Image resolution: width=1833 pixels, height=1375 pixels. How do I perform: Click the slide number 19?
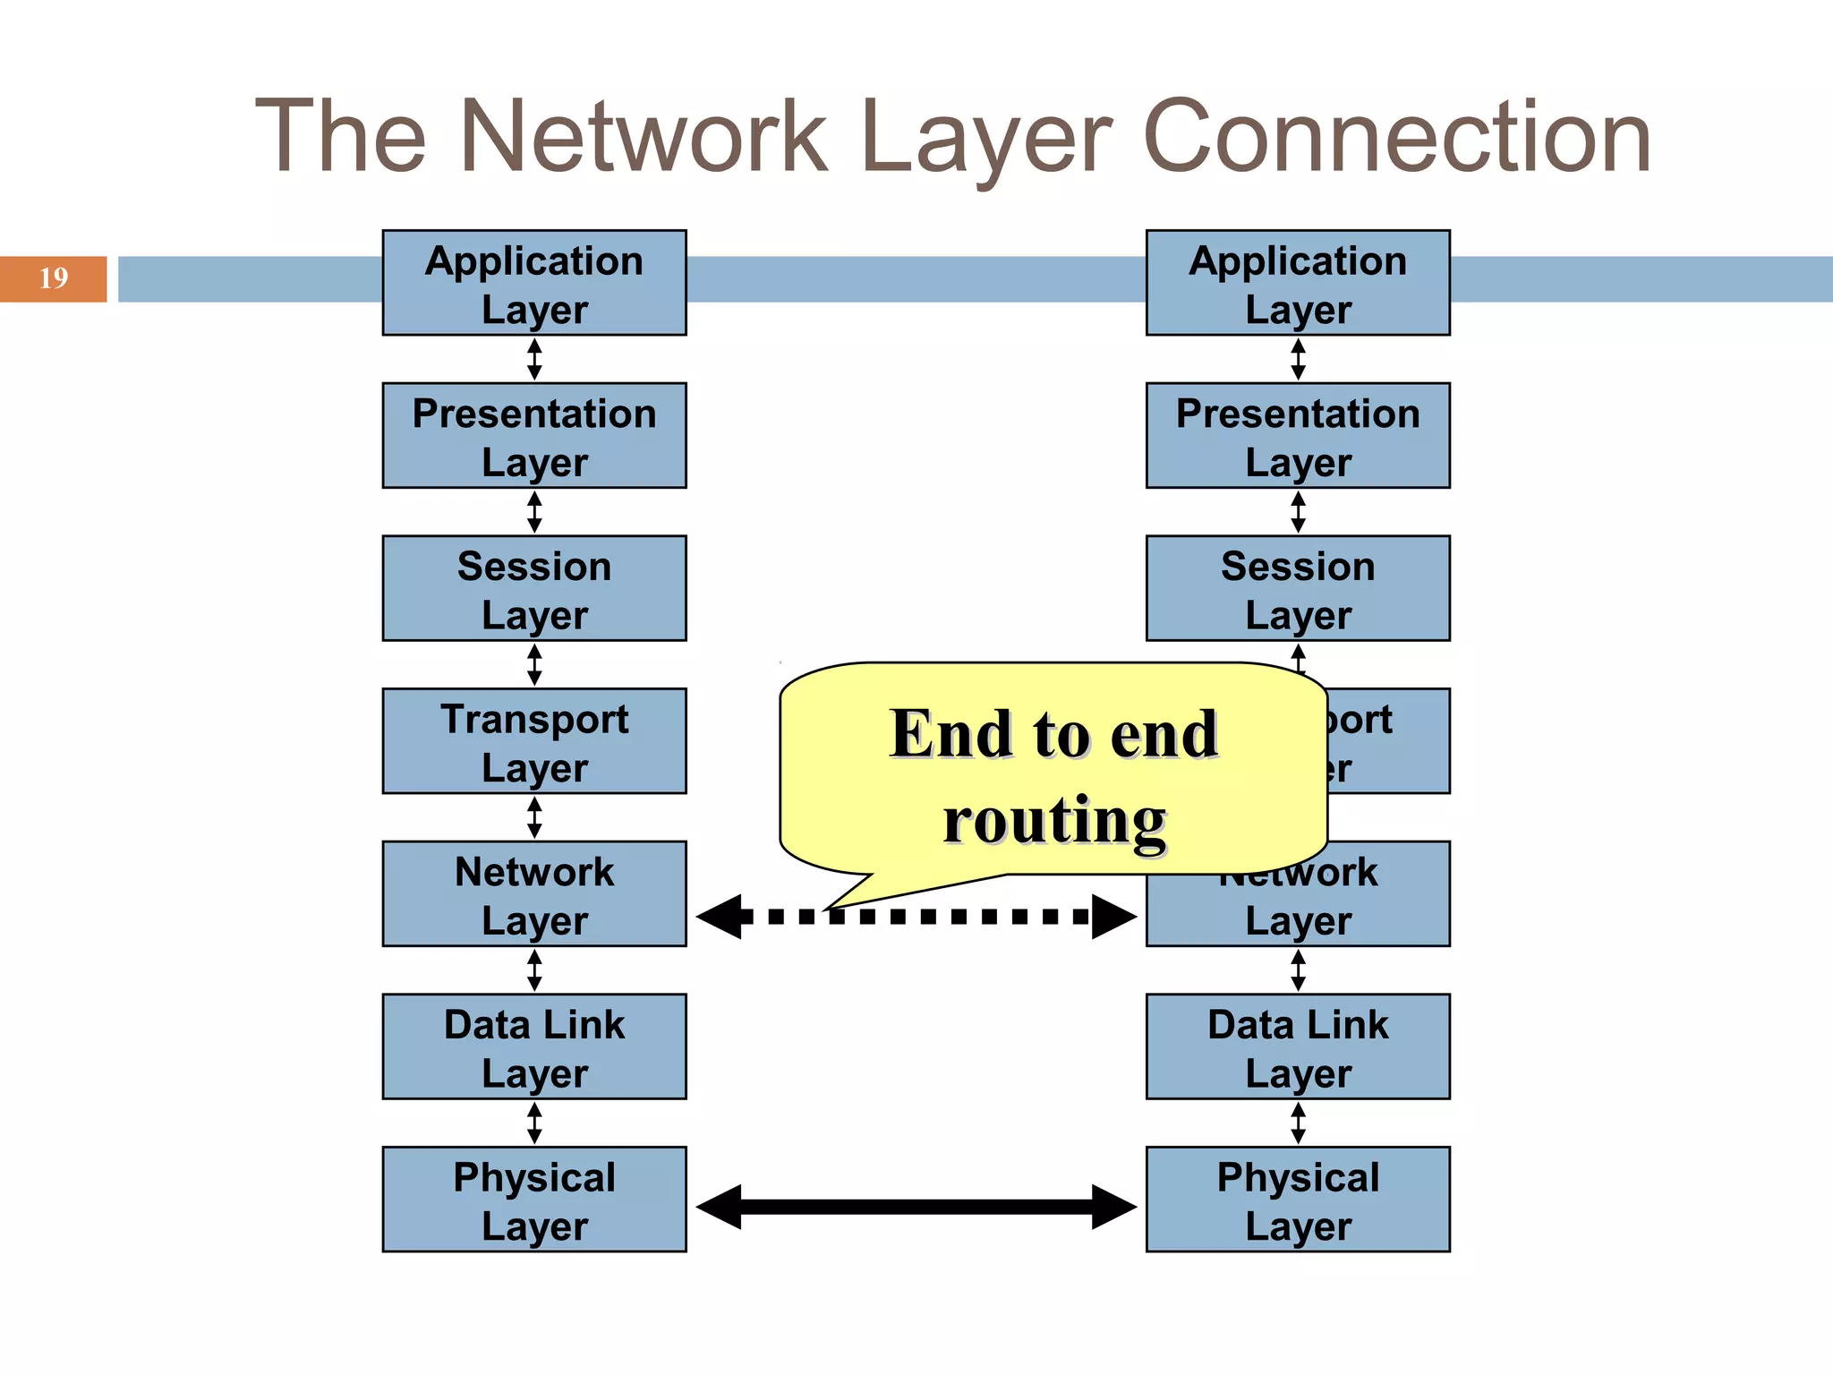(x=54, y=278)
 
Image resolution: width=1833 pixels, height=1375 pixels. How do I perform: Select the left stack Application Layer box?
(x=534, y=283)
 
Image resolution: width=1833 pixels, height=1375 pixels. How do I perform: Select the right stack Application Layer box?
(x=1298, y=283)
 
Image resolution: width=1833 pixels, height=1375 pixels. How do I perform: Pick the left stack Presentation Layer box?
(x=534, y=436)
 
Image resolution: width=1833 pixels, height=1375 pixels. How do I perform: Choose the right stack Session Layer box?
(x=1298, y=588)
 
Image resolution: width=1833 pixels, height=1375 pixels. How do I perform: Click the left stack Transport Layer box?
(x=534, y=741)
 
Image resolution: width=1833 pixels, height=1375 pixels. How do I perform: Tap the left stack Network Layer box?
(x=534, y=893)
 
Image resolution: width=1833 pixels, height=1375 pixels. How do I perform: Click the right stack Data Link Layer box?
(x=1298, y=1046)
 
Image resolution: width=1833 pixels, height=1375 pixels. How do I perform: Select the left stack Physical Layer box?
(x=534, y=1199)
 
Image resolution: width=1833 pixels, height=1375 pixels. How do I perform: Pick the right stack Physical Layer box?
(x=1298, y=1199)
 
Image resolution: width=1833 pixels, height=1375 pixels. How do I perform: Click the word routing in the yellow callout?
(x=1054, y=820)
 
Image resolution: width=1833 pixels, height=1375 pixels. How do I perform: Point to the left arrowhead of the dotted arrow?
(x=719, y=917)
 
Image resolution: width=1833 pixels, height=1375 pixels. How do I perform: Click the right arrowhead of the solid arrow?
(x=1114, y=1207)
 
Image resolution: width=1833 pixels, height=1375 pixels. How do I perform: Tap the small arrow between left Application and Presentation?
(x=534, y=359)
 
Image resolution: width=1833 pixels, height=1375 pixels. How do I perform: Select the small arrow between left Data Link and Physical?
(x=534, y=1123)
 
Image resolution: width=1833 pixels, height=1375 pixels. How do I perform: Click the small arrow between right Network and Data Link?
(x=1298, y=970)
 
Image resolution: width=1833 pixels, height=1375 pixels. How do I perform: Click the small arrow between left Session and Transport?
(x=534, y=664)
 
